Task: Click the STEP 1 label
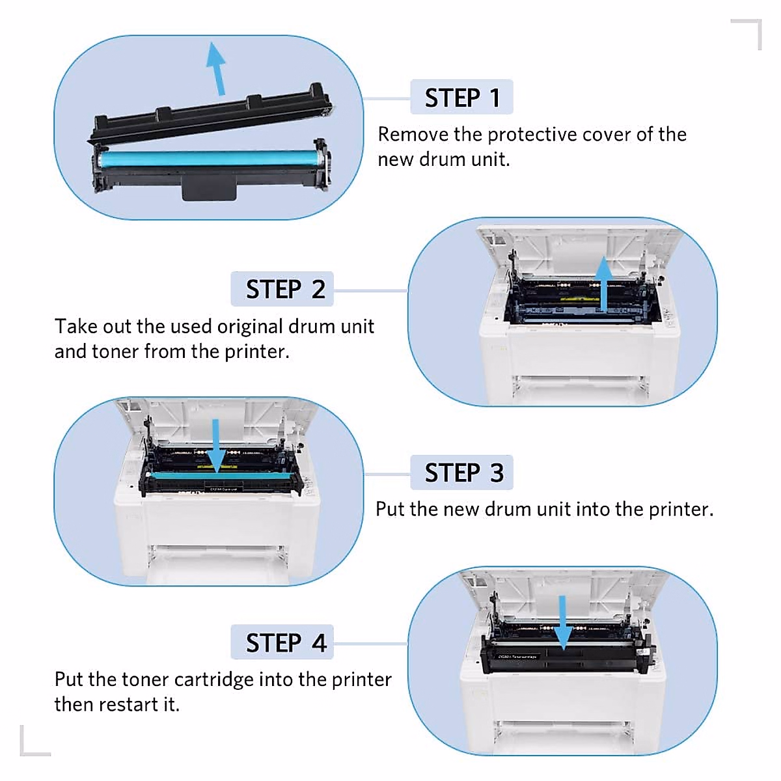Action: coord(461,98)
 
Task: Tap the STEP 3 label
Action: coord(462,473)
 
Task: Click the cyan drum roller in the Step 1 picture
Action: coord(208,159)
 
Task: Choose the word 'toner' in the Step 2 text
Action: coord(115,351)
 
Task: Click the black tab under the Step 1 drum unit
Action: coord(208,189)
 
